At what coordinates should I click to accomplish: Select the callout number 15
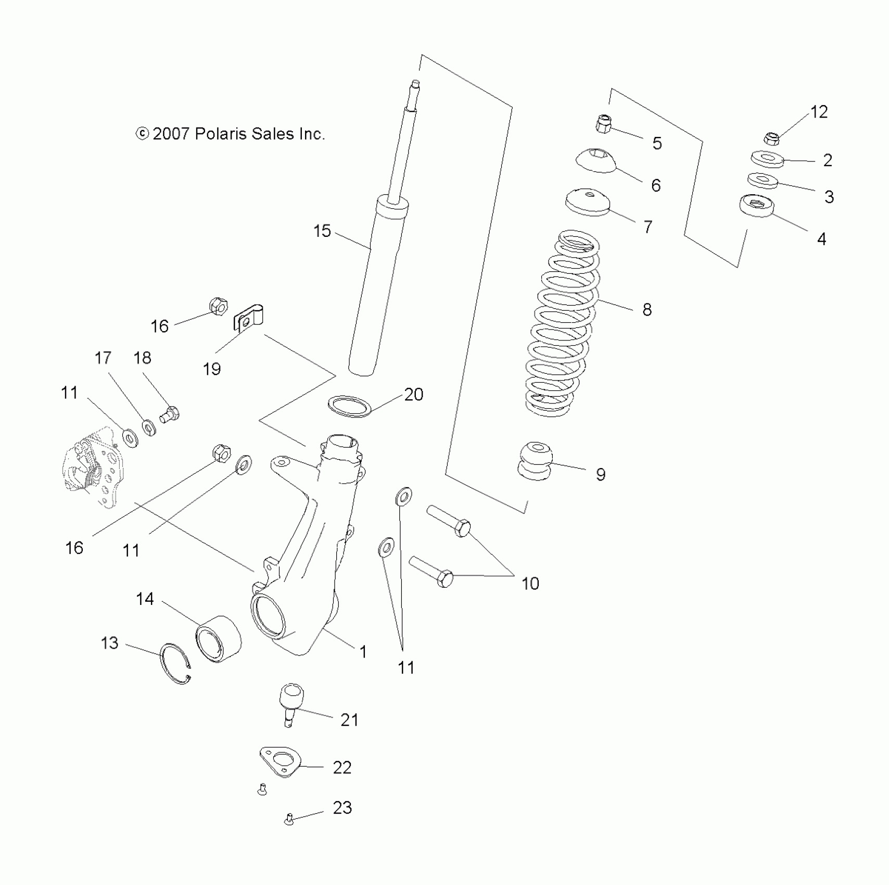(x=322, y=231)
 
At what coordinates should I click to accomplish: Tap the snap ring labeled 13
(x=176, y=664)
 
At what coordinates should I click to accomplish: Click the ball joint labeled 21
(x=291, y=703)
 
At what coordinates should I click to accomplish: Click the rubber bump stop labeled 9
(x=535, y=460)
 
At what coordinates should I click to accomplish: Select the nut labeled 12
(x=772, y=138)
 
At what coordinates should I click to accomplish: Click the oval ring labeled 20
(x=350, y=406)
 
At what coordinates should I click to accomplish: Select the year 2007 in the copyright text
(x=171, y=134)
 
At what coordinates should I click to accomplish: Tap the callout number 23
(x=342, y=807)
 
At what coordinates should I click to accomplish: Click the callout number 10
(x=530, y=584)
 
